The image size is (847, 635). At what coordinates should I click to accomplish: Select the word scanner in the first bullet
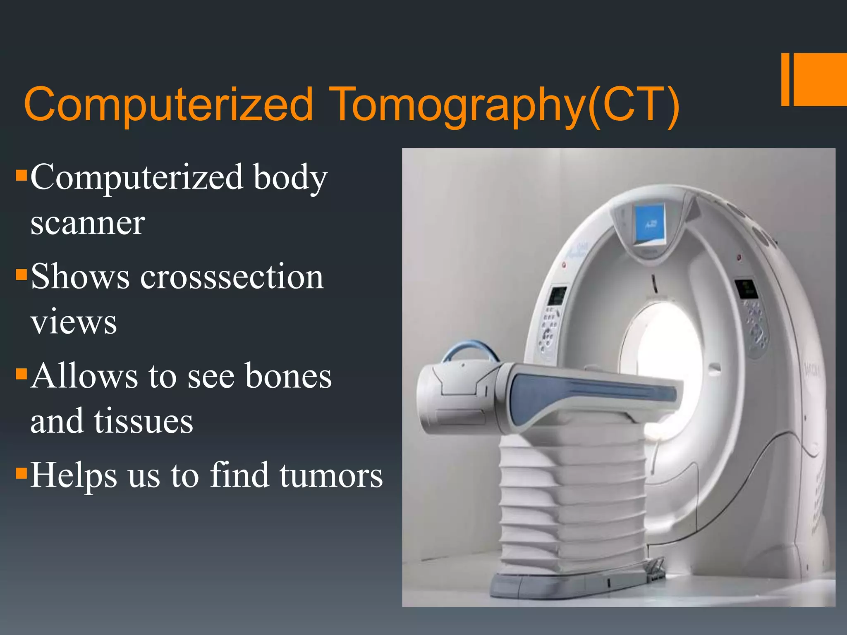pyautogui.click(x=88, y=223)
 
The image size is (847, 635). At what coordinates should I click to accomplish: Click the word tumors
pyautogui.click(x=331, y=475)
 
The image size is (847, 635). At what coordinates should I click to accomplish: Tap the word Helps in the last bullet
pyautogui.click(x=74, y=475)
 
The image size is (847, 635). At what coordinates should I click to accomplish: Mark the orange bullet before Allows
pyautogui.click(x=21, y=374)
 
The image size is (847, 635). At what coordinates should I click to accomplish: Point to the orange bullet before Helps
pyautogui.click(x=21, y=472)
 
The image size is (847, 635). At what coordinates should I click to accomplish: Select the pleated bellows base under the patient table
pyautogui.click(x=571, y=504)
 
